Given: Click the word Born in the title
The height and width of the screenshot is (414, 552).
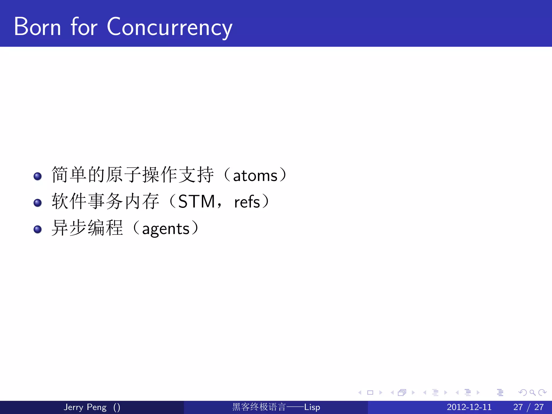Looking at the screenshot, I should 37,27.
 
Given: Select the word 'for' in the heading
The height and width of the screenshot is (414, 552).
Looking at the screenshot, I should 84,27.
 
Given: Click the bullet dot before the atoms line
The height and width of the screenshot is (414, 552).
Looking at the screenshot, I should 37,176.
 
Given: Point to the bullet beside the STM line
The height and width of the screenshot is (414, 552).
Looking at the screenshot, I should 37,203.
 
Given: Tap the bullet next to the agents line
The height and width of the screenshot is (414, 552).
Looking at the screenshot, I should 37,229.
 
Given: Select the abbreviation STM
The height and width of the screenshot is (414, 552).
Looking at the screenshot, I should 196,202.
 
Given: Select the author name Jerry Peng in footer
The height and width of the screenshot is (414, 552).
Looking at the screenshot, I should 85,407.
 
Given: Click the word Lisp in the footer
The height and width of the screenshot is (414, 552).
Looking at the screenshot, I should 312,407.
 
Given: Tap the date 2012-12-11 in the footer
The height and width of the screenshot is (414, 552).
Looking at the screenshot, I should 469,407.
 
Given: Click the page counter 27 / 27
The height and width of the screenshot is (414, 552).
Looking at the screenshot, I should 528,407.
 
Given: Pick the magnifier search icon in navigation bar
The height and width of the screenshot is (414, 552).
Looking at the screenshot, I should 532,393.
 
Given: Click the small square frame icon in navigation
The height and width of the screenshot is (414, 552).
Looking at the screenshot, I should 370,393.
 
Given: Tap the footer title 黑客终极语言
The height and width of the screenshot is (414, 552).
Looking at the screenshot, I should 259,407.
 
